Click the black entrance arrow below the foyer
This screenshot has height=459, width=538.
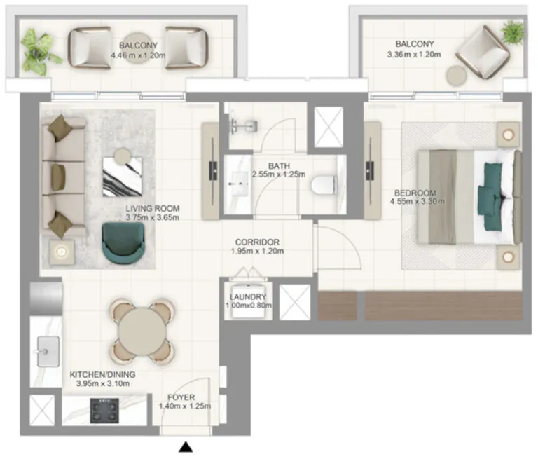[x=186, y=446]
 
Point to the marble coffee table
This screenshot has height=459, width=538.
[x=123, y=174]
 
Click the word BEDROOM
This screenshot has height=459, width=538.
[x=415, y=193]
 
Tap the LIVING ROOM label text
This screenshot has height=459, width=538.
[x=153, y=208]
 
